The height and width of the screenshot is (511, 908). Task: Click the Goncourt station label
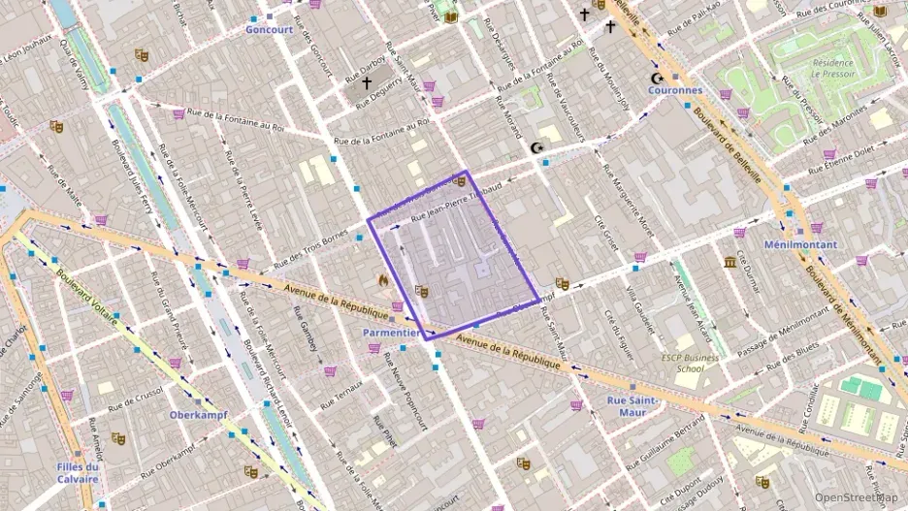click(270, 30)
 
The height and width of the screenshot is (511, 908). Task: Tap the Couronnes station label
click(675, 90)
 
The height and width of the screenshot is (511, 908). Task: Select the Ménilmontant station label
click(800, 244)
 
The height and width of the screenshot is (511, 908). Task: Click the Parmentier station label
click(390, 332)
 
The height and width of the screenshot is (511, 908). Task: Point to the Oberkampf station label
click(198, 415)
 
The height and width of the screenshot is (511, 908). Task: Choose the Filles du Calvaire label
click(77, 472)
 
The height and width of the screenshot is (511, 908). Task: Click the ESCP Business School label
click(690, 363)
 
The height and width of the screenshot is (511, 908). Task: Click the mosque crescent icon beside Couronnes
click(659, 78)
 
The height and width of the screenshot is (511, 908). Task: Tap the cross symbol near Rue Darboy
click(367, 83)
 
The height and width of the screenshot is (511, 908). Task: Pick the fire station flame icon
click(384, 280)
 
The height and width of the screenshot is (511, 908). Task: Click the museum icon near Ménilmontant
click(729, 262)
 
